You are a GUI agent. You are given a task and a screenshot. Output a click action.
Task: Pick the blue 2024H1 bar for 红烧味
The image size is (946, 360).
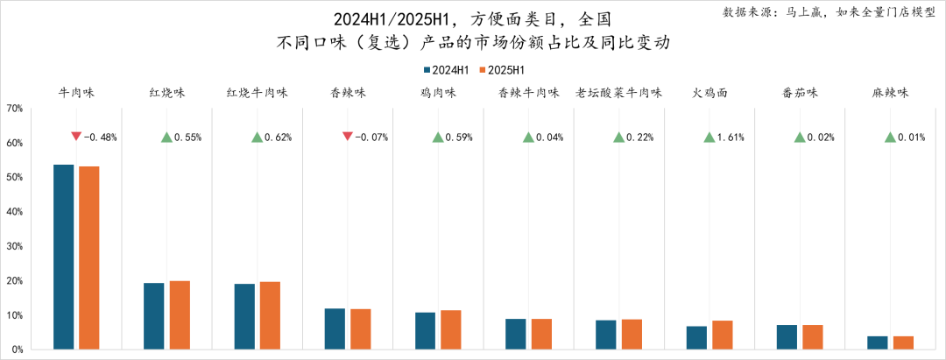tap(154, 315)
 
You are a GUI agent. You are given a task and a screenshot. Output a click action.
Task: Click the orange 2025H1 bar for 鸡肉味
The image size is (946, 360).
tap(450, 329)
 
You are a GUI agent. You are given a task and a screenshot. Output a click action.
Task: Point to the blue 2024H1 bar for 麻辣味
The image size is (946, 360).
tap(878, 342)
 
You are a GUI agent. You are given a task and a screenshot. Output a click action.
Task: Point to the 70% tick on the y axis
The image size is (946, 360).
tap(15, 109)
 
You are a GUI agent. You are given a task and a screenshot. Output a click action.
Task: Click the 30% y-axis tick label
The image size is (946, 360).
tap(15, 246)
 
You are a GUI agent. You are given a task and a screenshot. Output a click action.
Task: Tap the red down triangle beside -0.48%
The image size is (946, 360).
tap(77, 137)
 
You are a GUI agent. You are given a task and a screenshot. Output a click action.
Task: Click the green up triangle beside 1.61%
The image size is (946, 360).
tap(709, 137)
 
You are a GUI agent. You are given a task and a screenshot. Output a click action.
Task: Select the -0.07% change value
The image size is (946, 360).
tap(372, 138)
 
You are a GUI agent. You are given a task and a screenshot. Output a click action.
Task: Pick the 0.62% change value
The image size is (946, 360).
tap(278, 138)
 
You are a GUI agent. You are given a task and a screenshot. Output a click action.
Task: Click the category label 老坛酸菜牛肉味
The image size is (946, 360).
tap(618, 93)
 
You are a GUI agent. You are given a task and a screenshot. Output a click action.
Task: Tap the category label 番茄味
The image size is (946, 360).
tap(799, 93)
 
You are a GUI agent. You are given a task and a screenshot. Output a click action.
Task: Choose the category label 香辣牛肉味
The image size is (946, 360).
tap(528, 93)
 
